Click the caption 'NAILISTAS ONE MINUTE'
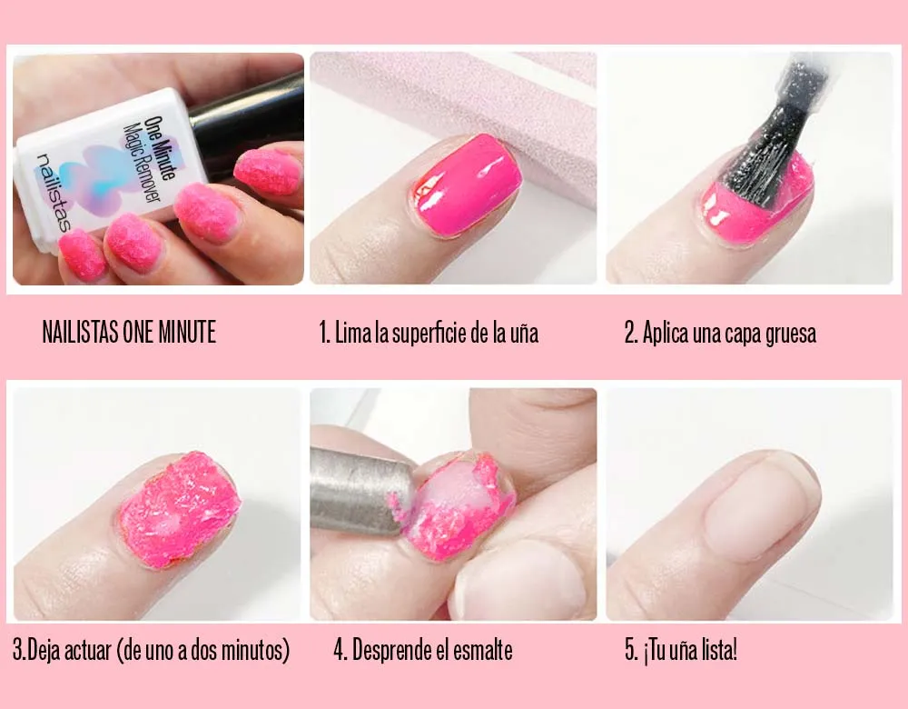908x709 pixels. pyautogui.click(x=129, y=333)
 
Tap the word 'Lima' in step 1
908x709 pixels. pyautogui.click(x=353, y=333)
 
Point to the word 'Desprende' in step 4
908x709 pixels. pyautogui.click(x=391, y=651)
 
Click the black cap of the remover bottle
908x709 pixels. pyautogui.click(x=245, y=118)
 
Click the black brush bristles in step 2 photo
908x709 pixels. pyautogui.click(x=767, y=155)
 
